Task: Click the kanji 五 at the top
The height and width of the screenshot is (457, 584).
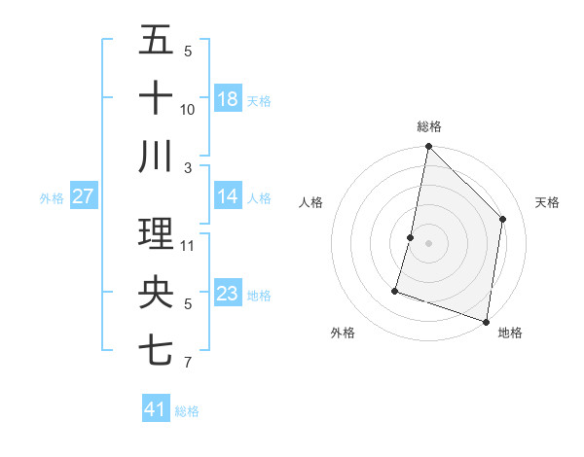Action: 156,40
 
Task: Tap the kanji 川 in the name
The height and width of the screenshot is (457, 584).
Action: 156,156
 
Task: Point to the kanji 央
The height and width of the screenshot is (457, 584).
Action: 156,293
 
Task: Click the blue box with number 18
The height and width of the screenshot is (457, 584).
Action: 227,98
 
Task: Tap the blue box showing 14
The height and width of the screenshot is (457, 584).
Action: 227,196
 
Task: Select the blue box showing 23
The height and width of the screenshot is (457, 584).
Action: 227,294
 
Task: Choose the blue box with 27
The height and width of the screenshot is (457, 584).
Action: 83,196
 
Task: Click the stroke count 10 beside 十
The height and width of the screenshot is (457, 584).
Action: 188,110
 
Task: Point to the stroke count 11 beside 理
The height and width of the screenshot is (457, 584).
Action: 188,245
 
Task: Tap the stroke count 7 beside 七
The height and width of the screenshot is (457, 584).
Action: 187,364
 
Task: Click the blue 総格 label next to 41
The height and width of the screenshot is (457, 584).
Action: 187,411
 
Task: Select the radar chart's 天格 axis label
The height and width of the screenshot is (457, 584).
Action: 548,202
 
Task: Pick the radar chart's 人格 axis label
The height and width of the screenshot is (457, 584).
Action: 311,202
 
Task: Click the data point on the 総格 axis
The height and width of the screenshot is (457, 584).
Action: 428,148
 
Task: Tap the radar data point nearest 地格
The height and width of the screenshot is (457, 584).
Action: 486,321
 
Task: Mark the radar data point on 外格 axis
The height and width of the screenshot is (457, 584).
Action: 395,290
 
